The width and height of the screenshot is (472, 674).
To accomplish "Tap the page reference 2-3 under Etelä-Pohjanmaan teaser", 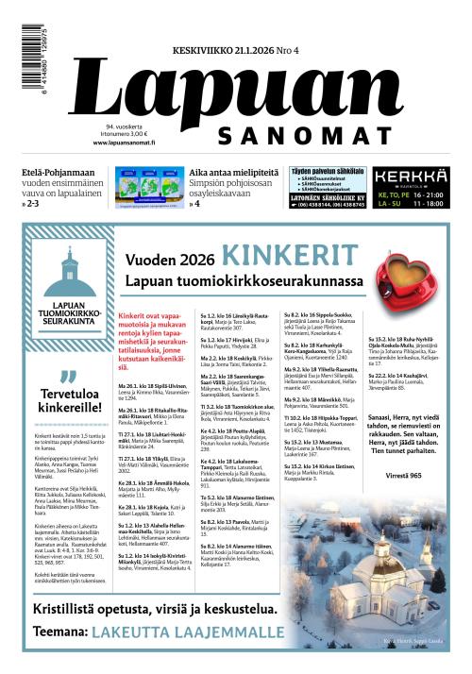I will (x=35, y=203).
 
